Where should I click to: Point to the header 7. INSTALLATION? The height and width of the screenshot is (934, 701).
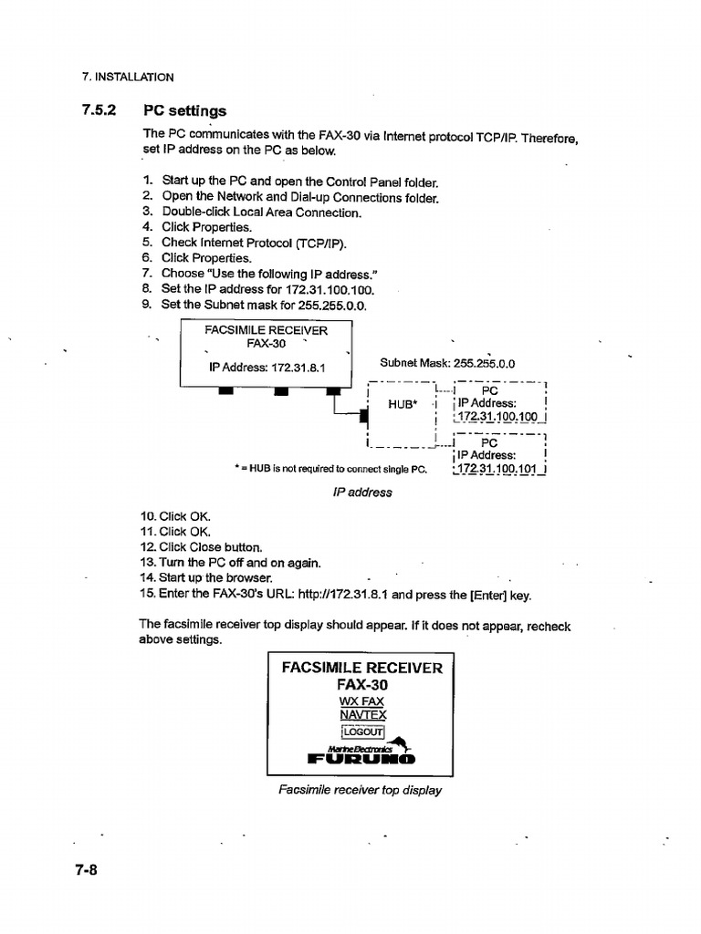coord(128,78)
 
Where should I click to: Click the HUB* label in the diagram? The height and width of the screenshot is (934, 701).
coord(403,404)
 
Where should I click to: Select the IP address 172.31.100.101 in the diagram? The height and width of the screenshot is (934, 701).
coord(498,470)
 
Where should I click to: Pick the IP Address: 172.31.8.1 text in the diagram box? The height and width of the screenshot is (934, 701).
coord(267,368)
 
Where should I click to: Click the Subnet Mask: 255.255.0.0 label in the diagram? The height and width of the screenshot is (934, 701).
coord(447,362)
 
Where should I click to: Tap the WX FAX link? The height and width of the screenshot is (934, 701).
coord(362,701)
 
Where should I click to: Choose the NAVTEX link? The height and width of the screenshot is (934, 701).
coord(362,715)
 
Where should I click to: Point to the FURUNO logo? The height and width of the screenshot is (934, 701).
coord(362,758)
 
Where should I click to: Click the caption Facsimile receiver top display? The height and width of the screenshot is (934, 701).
coord(361,790)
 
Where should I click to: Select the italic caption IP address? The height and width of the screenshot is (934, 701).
coord(361,493)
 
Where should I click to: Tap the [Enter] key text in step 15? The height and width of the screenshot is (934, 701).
coord(489,595)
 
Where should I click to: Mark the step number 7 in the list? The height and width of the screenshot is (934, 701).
coord(146,273)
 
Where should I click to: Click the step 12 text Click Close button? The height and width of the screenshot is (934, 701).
coord(211,547)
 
